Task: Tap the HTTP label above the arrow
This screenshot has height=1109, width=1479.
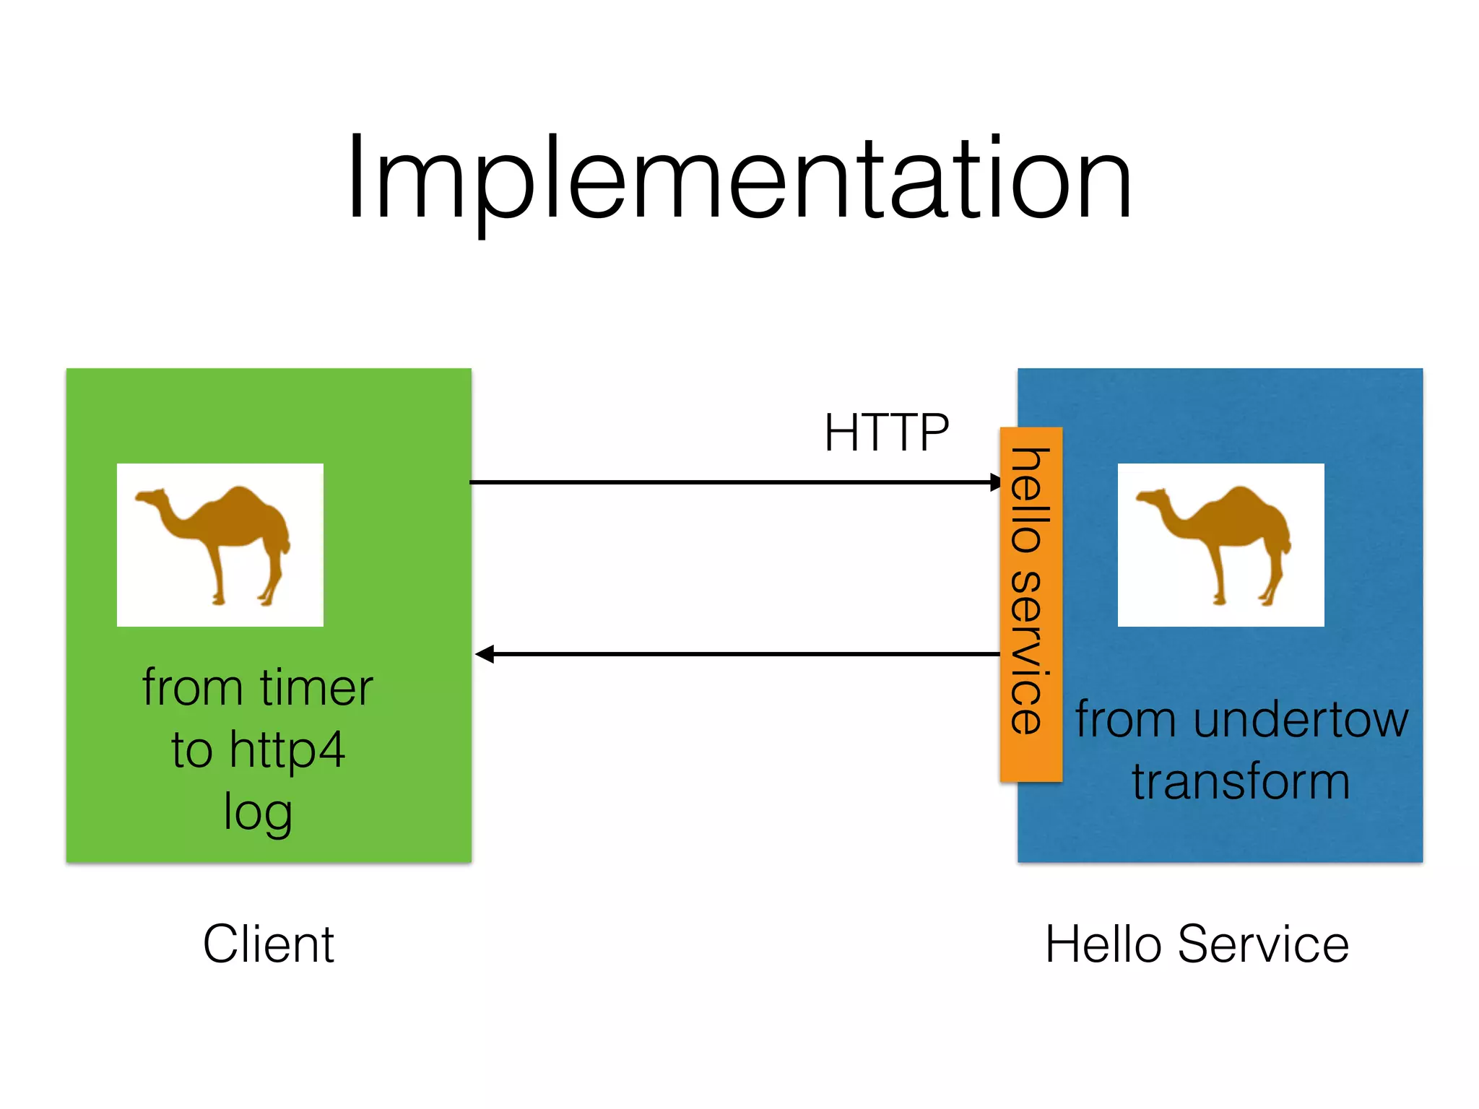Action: (886, 432)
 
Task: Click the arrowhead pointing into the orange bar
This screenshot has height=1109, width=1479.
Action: (995, 482)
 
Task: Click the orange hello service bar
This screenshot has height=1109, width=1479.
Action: (1031, 604)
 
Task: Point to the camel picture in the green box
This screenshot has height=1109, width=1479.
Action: (220, 544)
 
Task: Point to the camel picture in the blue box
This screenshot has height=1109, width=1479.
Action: (1220, 544)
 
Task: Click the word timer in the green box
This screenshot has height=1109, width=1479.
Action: (316, 687)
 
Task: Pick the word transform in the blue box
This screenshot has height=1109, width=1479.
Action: (1240, 782)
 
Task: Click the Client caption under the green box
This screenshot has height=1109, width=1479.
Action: (268, 944)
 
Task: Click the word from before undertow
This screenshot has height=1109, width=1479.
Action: (1128, 720)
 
